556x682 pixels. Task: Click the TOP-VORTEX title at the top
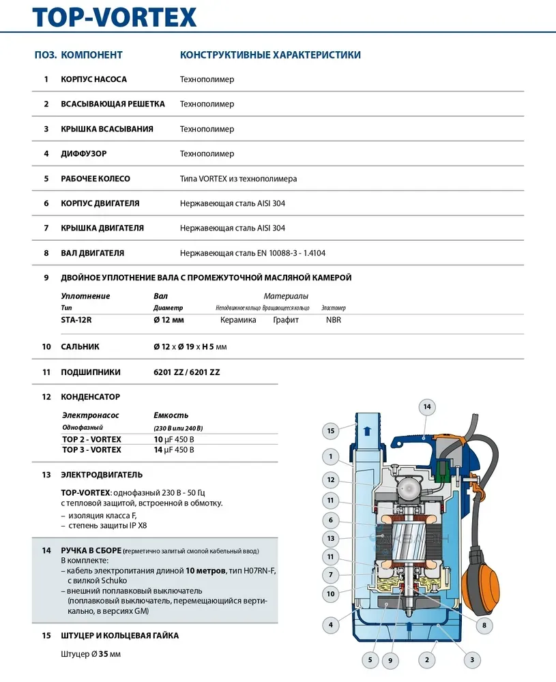click(x=115, y=17)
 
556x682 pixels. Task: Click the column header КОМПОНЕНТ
click(x=91, y=55)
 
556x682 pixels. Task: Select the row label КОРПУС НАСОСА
click(x=94, y=79)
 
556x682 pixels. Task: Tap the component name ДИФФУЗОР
click(x=84, y=153)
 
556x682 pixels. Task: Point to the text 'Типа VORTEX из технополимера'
click(x=238, y=179)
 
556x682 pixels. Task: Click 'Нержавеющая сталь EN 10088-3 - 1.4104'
click(x=252, y=253)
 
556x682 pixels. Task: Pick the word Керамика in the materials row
click(x=238, y=319)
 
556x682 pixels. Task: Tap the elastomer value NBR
click(x=334, y=319)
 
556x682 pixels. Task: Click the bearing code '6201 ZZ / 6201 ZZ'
click(x=186, y=372)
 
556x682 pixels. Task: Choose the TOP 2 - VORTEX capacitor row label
click(x=91, y=439)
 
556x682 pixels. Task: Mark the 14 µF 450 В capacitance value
click(x=174, y=449)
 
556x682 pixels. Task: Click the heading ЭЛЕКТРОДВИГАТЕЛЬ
click(x=102, y=475)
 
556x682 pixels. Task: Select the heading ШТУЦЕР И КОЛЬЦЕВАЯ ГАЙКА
click(x=120, y=636)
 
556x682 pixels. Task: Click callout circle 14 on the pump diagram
click(x=426, y=407)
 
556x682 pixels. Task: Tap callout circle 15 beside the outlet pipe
click(x=331, y=431)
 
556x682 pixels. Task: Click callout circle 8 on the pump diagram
click(x=484, y=624)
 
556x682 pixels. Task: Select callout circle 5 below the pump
click(x=370, y=659)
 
